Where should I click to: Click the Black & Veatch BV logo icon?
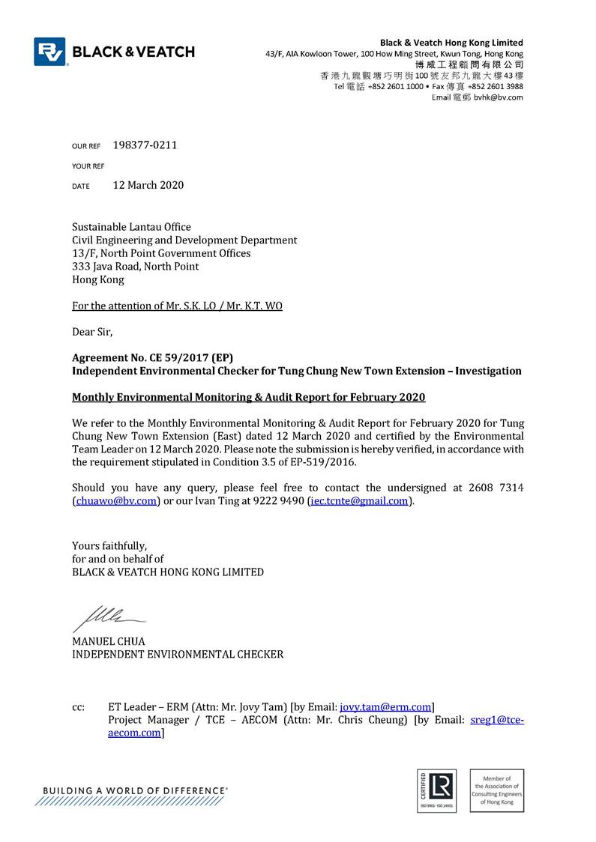49,52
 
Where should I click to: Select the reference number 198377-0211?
145,145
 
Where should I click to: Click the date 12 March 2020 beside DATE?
148,185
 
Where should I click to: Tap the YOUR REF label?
88,166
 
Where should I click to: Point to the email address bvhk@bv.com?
499,97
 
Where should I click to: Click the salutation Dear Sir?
91,331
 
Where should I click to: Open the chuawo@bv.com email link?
116,501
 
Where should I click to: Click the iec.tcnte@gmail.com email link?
361,501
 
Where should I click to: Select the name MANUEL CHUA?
108,641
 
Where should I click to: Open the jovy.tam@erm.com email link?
385,706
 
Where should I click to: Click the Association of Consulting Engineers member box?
496,790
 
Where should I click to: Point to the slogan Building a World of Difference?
135,790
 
